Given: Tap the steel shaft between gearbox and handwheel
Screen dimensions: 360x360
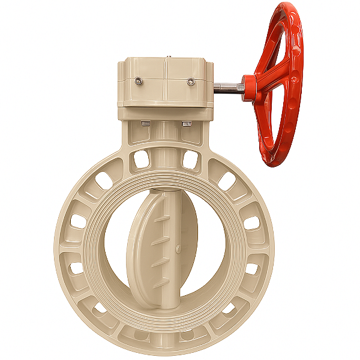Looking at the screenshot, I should pos(229,86).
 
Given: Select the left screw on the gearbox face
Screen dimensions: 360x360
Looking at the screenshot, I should pos(139,80).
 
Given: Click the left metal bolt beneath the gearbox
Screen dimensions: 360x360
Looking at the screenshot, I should pos(146,124).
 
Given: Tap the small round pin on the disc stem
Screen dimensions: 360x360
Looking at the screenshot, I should pos(178,247).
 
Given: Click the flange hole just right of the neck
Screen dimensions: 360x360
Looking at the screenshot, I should pos(191,159).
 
